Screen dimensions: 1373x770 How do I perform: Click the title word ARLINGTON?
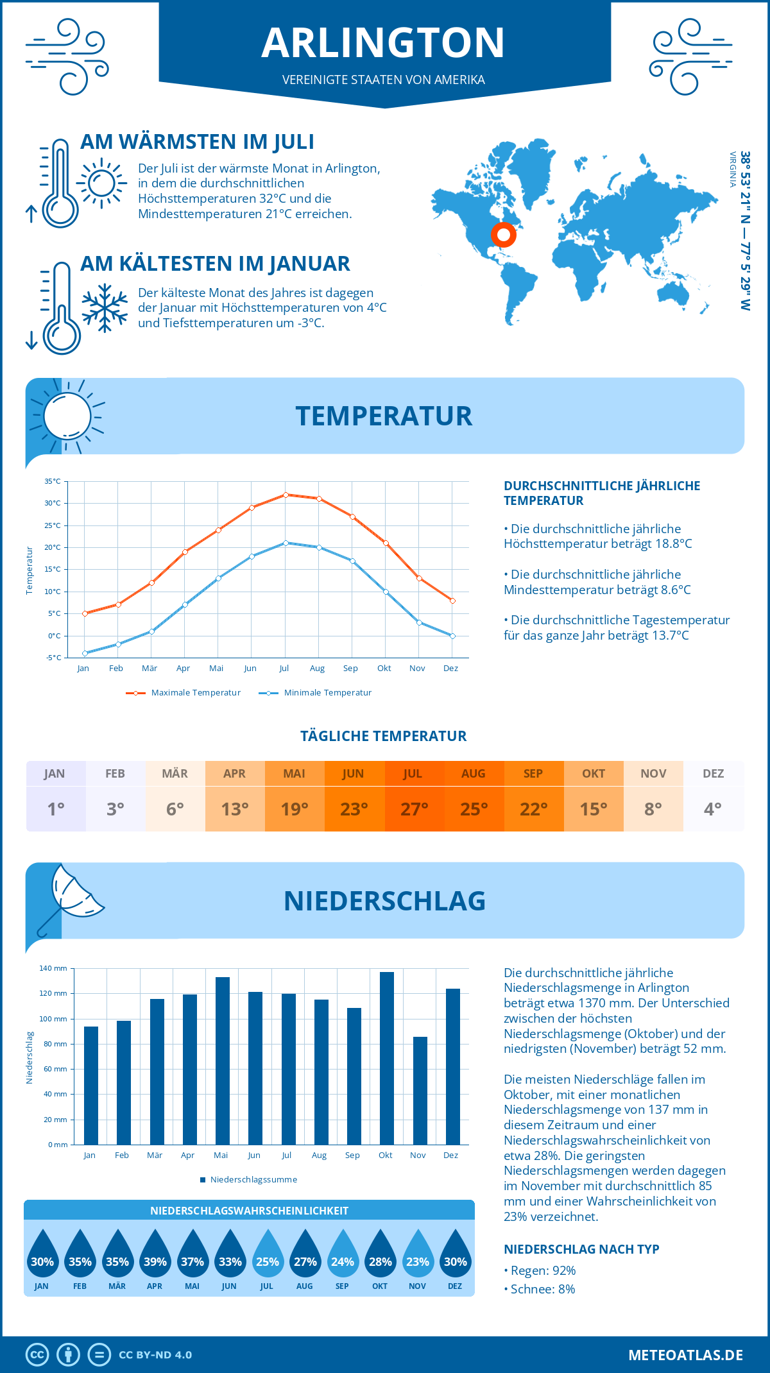pyautogui.click(x=383, y=43)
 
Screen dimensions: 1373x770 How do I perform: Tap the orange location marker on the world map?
pyautogui.click(x=504, y=235)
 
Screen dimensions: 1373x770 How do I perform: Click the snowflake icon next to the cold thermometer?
pyautogui.click(x=105, y=308)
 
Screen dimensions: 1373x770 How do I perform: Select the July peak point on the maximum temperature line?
pyautogui.click(x=286, y=495)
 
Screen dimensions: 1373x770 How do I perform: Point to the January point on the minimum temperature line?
pyautogui.click(x=85, y=653)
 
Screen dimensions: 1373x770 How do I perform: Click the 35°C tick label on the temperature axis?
pyautogui.click(x=53, y=481)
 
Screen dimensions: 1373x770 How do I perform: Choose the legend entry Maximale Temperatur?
pyautogui.click(x=195, y=693)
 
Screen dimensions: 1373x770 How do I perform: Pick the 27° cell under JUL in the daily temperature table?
pyautogui.click(x=414, y=809)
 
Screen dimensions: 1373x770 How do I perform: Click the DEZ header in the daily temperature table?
pyautogui.click(x=713, y=774)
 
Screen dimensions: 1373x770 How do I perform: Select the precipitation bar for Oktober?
pyautogui.click(x=386, y=1059)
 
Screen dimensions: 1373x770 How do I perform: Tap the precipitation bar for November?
pyautogui.click(x=420, y=1091)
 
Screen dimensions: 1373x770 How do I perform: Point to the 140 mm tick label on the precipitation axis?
pyautogui.click(x=53, y=968)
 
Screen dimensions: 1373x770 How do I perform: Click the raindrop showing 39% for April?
pyautogui.click(x=155, y=1256)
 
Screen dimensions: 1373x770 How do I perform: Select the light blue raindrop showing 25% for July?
pyautogui.click(x=268, y=1256)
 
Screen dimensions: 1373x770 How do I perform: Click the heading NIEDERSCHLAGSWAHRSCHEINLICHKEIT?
pyautogui.click(x=249, y=1211)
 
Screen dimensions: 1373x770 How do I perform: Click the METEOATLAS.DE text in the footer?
pyautogui.click(x=685, y=1355)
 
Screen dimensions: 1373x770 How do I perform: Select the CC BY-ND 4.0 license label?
pyautogui.click(x=155, y=1355)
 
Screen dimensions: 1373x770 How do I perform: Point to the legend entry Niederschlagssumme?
pyautogui.click(x=253, y=1180)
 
